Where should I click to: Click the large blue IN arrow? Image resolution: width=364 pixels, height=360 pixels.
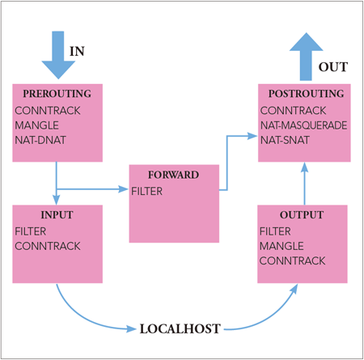[x=58, y=55]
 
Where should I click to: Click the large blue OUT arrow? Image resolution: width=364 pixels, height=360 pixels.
[x=306, y=57]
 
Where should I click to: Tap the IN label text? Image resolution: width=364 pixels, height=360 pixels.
[x=77, y=51]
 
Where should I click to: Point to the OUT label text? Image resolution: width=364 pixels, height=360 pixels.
[x=333, y=67]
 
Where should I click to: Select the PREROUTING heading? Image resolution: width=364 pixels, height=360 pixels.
[x=57, y=94]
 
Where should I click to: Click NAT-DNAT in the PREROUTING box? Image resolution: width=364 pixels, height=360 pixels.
[x=40, y=140]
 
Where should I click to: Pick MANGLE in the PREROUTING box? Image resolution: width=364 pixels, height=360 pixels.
[x=37, y=125]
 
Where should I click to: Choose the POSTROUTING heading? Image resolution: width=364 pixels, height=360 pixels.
[x=307, y=94]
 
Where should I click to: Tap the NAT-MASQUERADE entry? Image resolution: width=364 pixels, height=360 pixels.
[x=304, y=125]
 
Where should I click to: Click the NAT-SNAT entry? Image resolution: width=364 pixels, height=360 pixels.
[x=285, y=140]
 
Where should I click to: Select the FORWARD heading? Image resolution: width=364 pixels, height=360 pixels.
[x=173, y=175]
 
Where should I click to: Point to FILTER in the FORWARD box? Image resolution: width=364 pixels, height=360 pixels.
[x=147, y=191]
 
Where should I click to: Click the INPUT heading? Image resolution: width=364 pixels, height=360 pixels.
[x=57, y=215]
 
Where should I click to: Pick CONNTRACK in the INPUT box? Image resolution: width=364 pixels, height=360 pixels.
[x=48, y=246]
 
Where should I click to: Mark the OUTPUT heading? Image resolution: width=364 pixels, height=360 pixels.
[x=302, y=215]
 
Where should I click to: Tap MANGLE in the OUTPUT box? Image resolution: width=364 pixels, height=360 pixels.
[x=281, y=246]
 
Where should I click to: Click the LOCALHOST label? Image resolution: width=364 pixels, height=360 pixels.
[x=180, y=329]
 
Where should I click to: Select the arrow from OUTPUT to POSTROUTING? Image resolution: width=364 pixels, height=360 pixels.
[x=304, y=184]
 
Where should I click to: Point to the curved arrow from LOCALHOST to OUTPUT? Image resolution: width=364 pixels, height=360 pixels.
[x=269, y=317]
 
